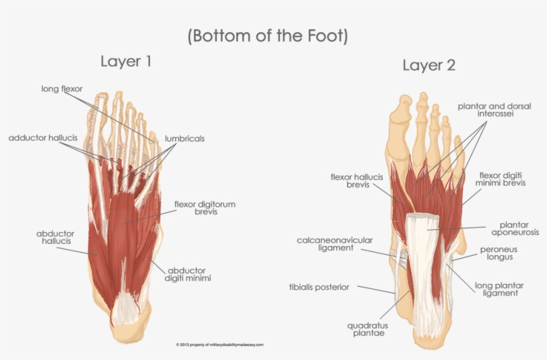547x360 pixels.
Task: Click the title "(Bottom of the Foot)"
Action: (268, 35)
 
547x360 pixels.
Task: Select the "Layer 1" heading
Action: (126, 62)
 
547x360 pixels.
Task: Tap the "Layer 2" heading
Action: (428, 65)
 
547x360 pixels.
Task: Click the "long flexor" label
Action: (61, 89)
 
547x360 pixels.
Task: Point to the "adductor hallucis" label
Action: (43, 138)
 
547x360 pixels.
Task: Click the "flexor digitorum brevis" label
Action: (205, 208)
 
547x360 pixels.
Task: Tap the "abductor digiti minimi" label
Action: (188, 274)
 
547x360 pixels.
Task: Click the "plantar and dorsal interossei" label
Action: (494, 110)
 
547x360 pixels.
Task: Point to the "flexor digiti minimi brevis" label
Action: (502, 179)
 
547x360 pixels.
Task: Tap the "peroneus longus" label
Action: (498, 253)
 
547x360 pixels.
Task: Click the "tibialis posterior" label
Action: (319, 287)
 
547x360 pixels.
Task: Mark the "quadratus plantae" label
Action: (368, 330)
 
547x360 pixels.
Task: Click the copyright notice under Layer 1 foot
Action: (219, 345)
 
